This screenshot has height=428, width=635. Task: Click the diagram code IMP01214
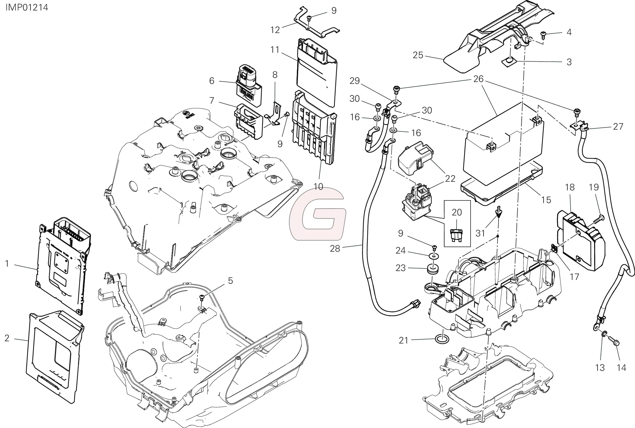27,7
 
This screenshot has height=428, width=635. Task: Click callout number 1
7,263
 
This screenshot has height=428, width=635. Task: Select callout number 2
7,338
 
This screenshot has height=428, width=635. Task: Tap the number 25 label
418,55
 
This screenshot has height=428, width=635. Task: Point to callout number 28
335,248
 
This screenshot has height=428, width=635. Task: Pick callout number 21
403,341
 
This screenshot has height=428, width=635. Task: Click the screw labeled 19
597,218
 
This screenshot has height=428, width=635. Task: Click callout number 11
275,50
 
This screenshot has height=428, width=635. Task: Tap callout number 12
275,30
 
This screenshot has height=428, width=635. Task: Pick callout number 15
546,200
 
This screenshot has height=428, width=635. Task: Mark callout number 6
212,81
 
